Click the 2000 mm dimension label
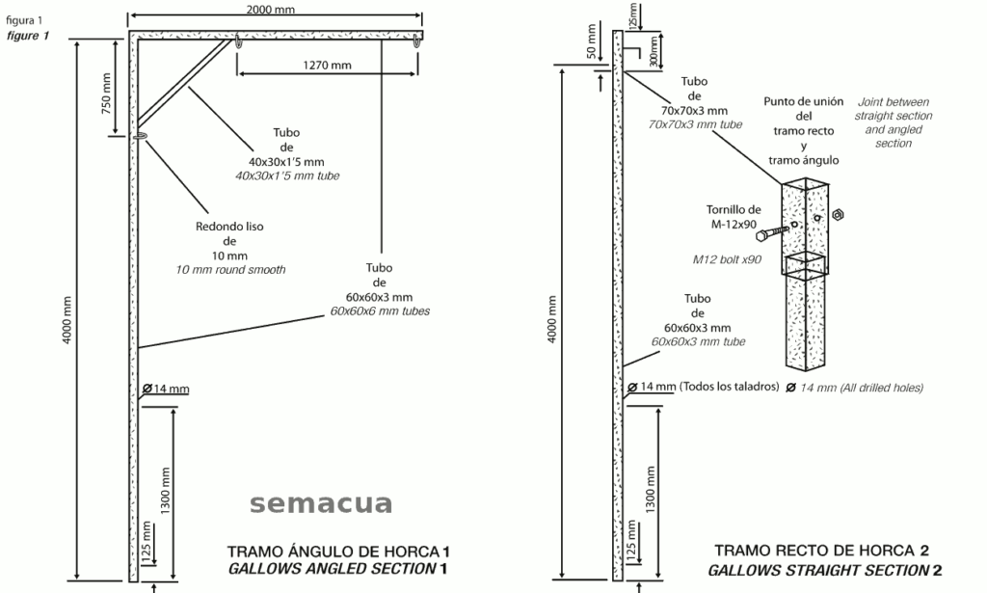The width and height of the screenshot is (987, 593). tap(271, 10)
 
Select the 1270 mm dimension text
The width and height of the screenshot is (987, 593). tap(327, 65)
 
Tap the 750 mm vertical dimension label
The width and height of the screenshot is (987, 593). tap(106, 94)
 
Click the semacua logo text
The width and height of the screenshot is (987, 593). tap(321, 503)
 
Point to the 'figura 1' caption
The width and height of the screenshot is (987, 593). tap(24, 20)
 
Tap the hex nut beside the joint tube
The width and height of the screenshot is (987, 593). tap(838, 215)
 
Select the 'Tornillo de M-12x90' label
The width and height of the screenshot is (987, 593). tap(734, 217)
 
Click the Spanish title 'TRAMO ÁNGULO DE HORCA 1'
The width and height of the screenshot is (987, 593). tap(338, 553)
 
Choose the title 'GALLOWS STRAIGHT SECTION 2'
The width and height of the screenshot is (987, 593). tap(825, 570)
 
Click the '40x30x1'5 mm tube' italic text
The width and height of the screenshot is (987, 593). tap(287, 176)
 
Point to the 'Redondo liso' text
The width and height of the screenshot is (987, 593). tap(229, 226)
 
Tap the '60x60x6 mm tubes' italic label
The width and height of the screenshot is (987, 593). tap(380, 311)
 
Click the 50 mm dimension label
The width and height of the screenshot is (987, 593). tap(591, 40)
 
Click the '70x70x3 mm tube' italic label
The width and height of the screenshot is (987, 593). tap(695, 124)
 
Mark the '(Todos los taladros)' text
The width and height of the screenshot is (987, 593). tap(729, 387)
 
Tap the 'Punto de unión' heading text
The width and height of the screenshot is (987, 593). tap(803, 101)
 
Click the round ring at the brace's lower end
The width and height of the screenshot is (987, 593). tap(140, 135)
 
